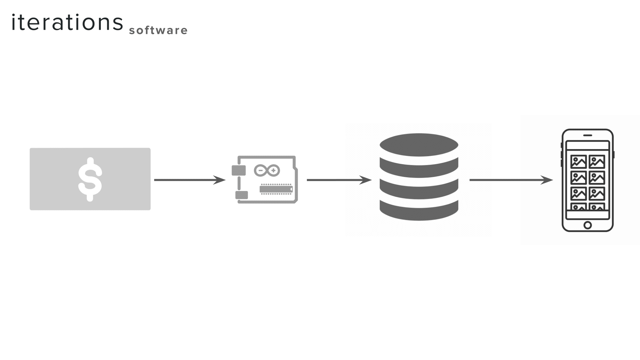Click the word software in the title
[x=158, y=30]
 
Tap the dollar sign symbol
[x=90, y=179]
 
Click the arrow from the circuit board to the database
[x=339, y=180]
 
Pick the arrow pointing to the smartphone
[x=511, y=180]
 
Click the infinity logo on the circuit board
[x=267, y=171]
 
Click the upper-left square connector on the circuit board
[x=239, y=170]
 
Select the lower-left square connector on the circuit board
[x=242, y=195]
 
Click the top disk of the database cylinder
[x=419, y=145]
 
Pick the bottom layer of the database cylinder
[x=419, y=212]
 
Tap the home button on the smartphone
[x=588, y=225]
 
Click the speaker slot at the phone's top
[x=588, y=135]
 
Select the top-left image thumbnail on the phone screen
[x=579, y=162]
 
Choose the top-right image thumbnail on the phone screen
[x=597, y=162]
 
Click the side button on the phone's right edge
[x=614, y=154]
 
